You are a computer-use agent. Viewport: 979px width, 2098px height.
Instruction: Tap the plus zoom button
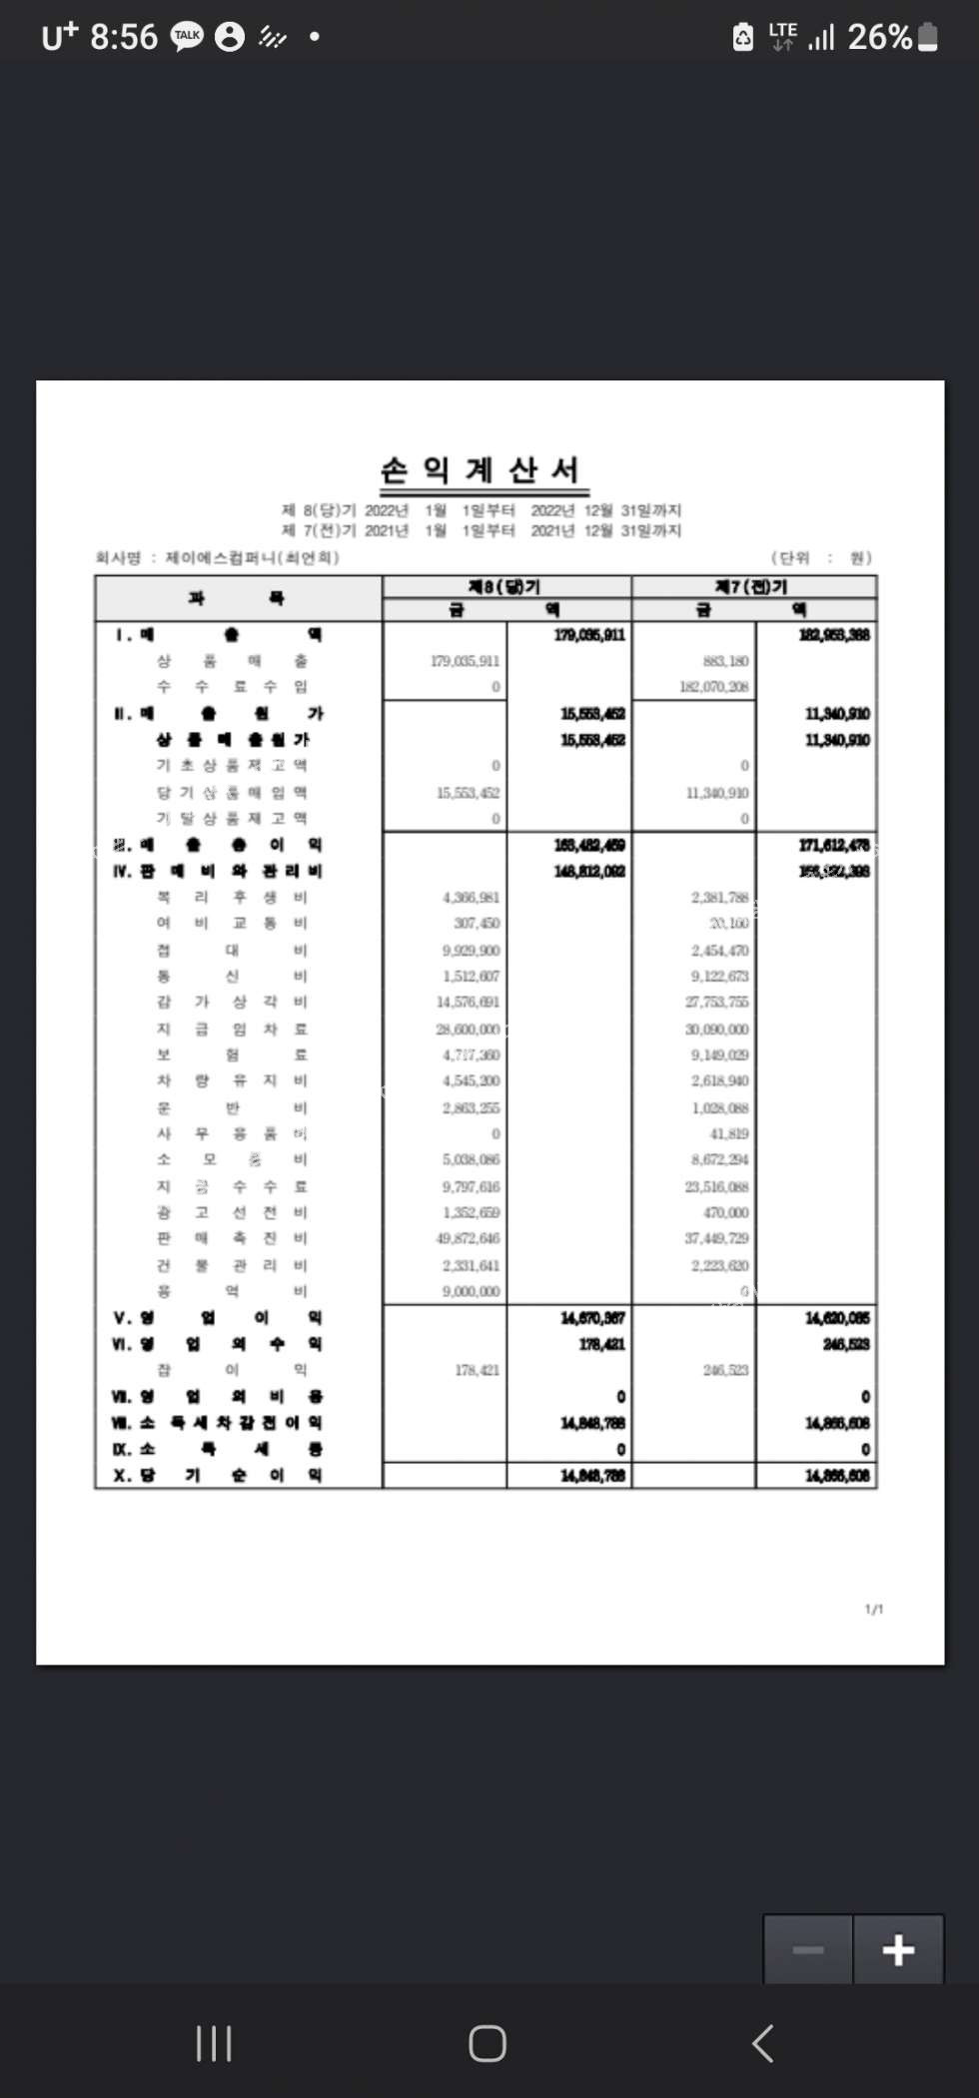click(898, 1949)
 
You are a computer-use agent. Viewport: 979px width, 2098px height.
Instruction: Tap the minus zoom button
click(808, 1949)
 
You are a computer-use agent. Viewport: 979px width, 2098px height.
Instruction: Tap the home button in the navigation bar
click(488, 2043)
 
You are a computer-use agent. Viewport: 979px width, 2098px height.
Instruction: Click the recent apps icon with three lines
click(214, 2043)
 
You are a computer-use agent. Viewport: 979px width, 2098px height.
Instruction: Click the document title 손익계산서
click(481, 469)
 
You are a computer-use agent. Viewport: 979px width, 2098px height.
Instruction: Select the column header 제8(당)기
click(505, 586)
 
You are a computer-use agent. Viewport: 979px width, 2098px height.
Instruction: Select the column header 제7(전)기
click(753, 586)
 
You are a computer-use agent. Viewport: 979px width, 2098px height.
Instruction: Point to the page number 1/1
click(874, 1609)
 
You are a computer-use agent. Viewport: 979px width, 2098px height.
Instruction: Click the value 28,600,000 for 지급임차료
click(469, 1029)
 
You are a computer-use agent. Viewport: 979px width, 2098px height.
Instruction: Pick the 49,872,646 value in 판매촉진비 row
click(469, 1238)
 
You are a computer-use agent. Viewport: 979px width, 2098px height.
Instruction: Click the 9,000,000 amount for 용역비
click(471, 1291)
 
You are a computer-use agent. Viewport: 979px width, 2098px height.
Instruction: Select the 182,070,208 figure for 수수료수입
click(713, 687)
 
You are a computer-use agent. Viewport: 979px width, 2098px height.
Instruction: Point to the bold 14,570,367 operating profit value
click(592, 1318)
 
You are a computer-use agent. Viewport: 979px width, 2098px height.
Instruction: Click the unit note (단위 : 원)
click(821, 557)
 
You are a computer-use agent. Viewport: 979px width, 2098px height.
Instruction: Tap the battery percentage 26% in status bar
click(879, 37)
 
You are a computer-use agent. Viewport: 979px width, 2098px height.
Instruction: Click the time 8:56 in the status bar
click(124, 37)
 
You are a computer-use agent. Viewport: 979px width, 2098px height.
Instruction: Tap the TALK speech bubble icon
click(187, 37)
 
